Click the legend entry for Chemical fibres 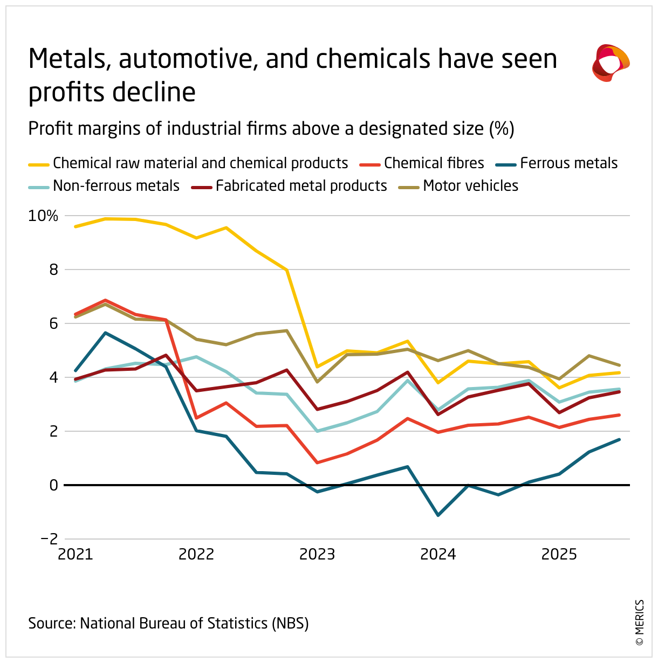coord(434,163)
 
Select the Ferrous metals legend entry coord(568,163)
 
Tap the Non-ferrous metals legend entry coord(116,186)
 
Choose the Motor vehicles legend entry coord(470,186)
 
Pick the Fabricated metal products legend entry coord(301,186)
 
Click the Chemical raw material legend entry coord(200,163)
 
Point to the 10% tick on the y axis coord(43,216)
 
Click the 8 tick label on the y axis coord(53,270)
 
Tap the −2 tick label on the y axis coord(49,539)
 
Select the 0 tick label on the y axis coord(53,485)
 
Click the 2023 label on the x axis coord(317,554)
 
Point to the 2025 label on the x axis coord(559,554)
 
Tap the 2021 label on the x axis coord(76,554)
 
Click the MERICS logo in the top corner coord(611,63)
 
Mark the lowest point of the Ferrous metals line coord(438,515)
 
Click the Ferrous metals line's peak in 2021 coord(106,333)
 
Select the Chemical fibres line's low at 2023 coord(317,462)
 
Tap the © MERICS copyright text coord(640,623)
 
